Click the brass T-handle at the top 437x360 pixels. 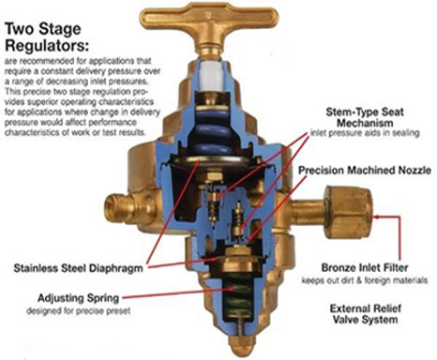pyautogui.click(x=209, y=23)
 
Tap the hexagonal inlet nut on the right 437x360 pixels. pyautogui.click(x=348, y=212)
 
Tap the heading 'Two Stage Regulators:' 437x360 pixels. pyautogui.click(x=47, y=37)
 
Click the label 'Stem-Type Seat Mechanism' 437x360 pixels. pyautogui.click(x=365, y=117)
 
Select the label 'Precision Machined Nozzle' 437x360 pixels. pyautogui.click(x=365, y=171)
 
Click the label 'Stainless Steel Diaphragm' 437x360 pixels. pyautogui.click(x=78, y=268)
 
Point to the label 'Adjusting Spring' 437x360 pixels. pyautogui.click(x=78, y=298)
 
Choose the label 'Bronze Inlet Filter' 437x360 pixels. pyautogui.click(x=365, y=268)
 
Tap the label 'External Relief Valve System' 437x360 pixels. pyautogui.click(x=365, y=314)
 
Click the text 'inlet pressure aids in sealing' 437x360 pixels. pyautogui.click(x=365, y=133)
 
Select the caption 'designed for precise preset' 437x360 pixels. pyautogui.click(x=78, y=311)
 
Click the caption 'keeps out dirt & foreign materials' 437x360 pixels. pyautogui.click(x=365, y=280)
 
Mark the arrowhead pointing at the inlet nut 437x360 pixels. pyautogui.click(x=376, y=217)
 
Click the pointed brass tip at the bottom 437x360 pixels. pyautogui.click(x=240, y=345)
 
